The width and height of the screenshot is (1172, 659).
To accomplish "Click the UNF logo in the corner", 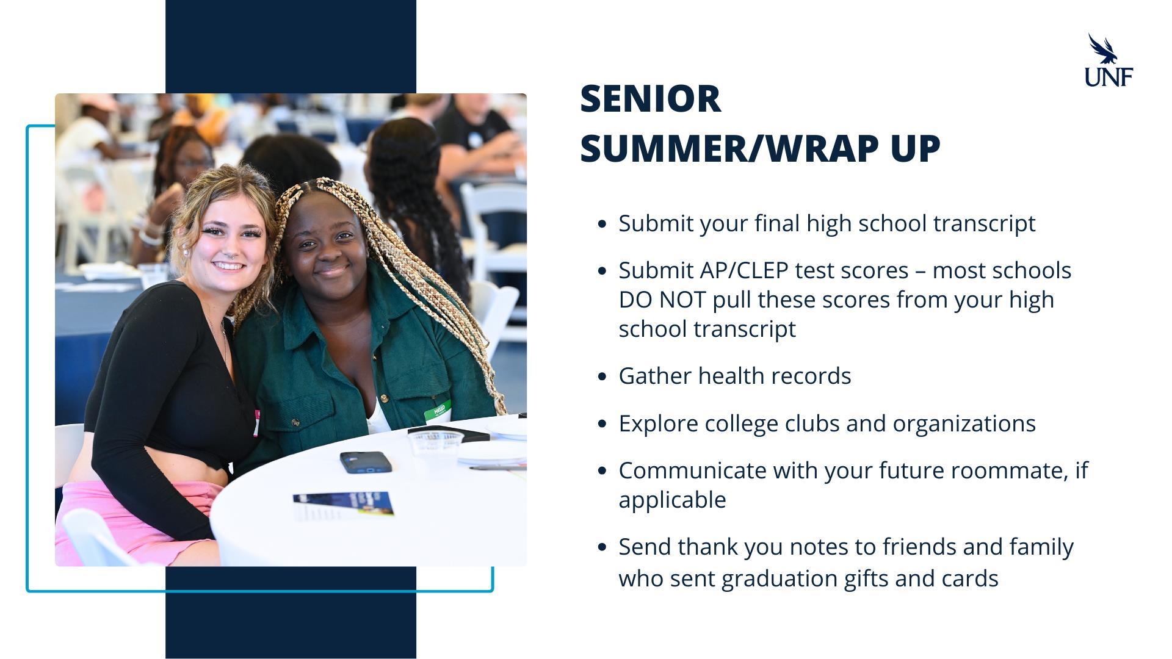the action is tap(1109, 60).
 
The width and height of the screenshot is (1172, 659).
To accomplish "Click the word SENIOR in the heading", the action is tap(650, 99).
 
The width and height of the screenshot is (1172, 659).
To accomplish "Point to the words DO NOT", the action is tap(662, 300).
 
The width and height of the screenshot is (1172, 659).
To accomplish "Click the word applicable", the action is tap(672, 500).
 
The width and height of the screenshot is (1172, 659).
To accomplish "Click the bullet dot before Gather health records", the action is tap(602, 376).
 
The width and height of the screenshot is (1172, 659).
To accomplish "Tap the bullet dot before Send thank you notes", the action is tap(602, 547).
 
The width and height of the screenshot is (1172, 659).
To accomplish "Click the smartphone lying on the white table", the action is tap(366, 463).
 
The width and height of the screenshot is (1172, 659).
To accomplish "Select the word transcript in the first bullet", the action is tap(984, 224).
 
